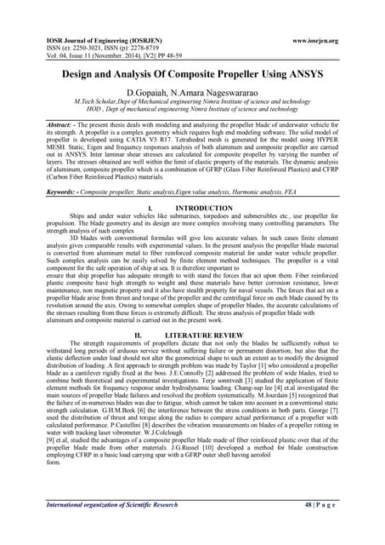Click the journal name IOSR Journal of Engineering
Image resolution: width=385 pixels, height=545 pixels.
[x=81, y=41]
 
